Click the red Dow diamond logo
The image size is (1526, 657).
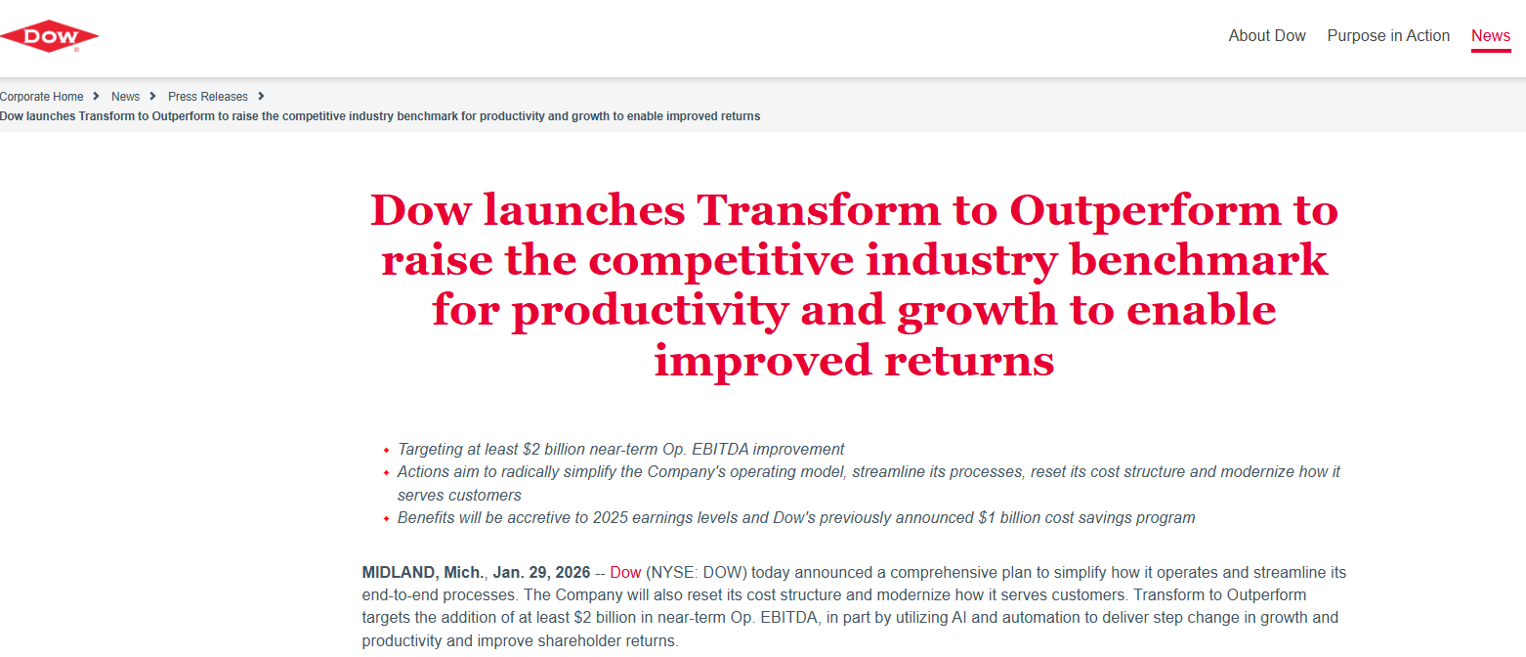coord(49,36)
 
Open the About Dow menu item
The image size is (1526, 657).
coord(1266,35)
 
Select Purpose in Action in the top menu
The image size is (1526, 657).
coord(1387,35)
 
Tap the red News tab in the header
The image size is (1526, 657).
coord(1491,35)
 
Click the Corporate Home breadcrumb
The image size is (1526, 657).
coord(42,97)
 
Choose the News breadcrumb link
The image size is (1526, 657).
coord(125,97)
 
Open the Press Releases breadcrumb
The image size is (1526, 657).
coord(208,97)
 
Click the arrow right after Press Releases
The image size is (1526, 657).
coord(261,96)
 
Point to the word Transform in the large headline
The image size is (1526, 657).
coord(818,210)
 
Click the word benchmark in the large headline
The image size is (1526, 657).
coord(1199,260)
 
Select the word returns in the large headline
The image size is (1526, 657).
coord(969,361)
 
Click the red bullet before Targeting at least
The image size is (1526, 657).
coord(386,451)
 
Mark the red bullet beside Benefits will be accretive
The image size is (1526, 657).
coord(386,518)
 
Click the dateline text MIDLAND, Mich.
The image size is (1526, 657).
coord(423,573)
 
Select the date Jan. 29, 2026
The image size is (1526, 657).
coord(541,573)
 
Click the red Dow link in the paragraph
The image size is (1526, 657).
coord(625,573)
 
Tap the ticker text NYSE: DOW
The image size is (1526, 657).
coord(697,573)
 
